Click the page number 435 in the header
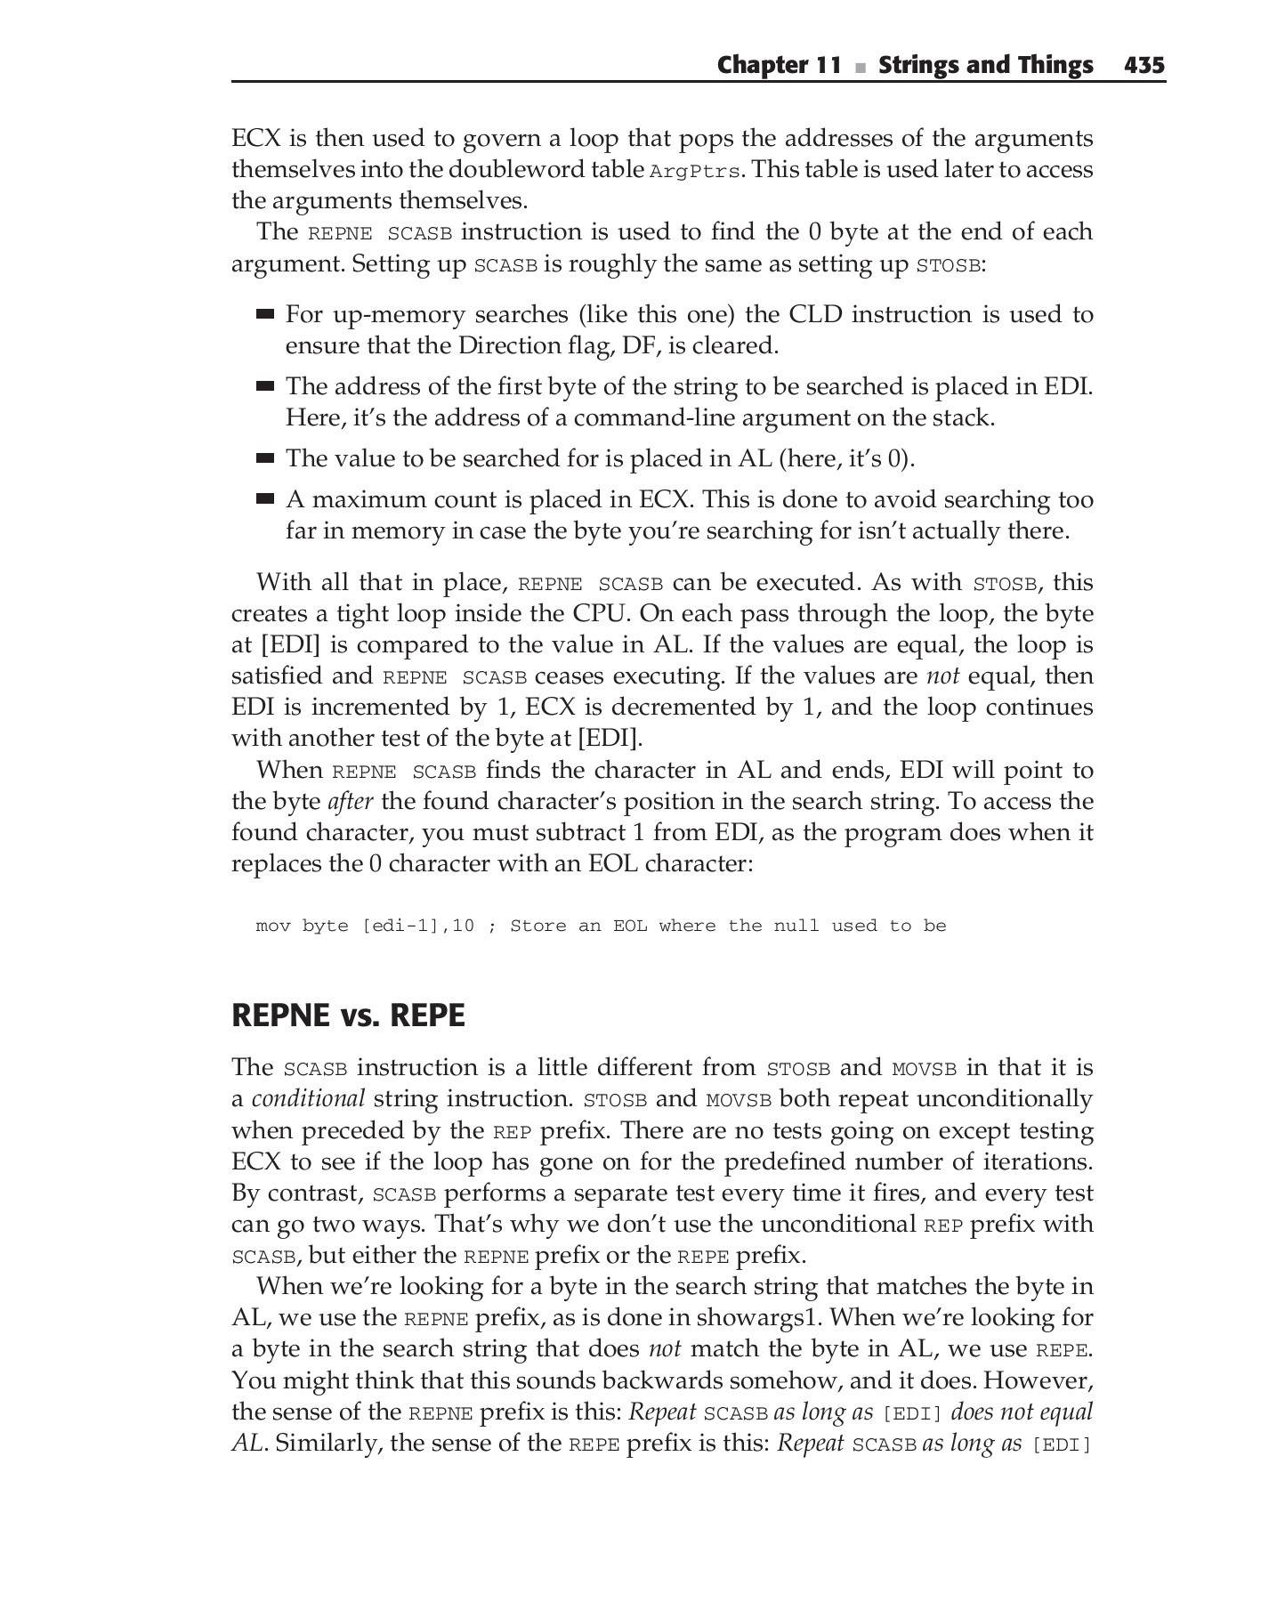coord(1144,65)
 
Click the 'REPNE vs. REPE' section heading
coord(348,1015)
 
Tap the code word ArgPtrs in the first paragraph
coord(695,172)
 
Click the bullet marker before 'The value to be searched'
coord(264,458)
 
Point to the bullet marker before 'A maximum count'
coord(264,499)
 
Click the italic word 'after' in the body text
coord(350,802)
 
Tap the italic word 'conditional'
coord(308,1099)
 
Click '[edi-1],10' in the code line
coord(417,926)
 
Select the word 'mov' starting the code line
coord(273,926)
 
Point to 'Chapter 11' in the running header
coord(779,65)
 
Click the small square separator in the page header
coord(860,67)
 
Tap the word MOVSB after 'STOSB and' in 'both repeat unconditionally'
coord(739,1100)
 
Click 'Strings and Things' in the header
coord(985,65)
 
